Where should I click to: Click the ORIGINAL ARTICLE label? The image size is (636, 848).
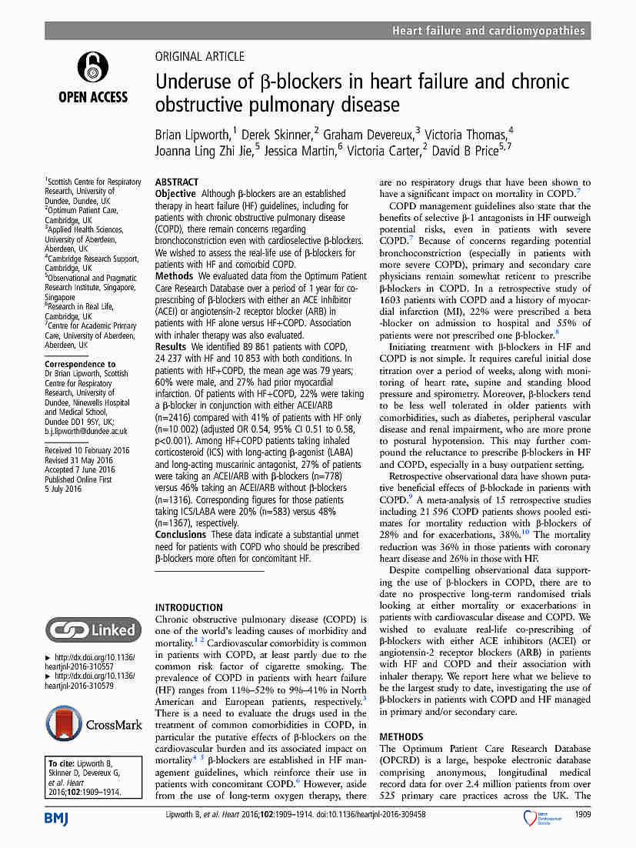tap(200, 56)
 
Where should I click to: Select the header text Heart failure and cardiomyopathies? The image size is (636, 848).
tap(488, 31)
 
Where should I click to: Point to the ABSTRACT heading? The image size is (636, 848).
tap(177, 182)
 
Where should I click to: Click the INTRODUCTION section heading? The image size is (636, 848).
tap(189, 607)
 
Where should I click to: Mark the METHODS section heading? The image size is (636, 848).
tap(401, 736)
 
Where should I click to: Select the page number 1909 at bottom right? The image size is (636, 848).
tap(581, 813)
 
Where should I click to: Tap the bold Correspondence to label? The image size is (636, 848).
tap(80, 364)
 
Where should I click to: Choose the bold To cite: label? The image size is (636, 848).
tap(65, 763)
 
